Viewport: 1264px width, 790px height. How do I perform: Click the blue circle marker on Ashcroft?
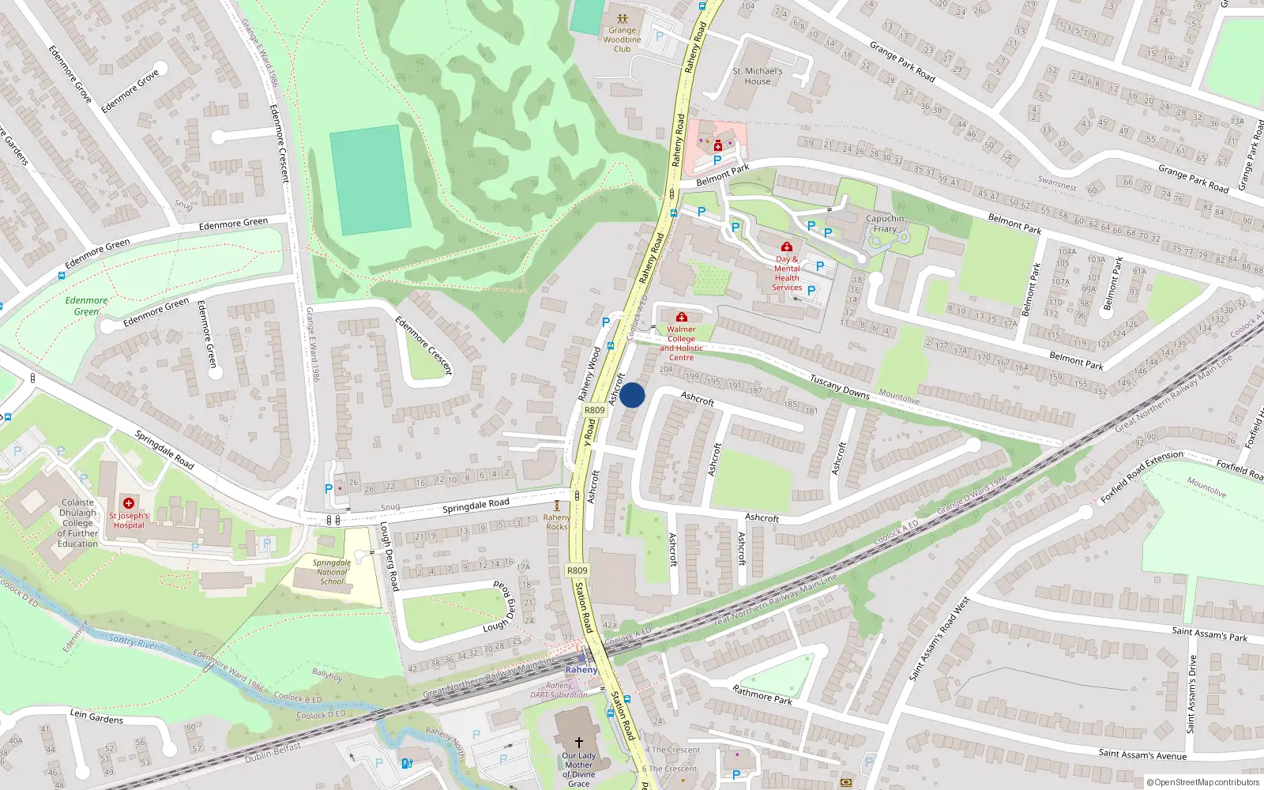pos(632,395)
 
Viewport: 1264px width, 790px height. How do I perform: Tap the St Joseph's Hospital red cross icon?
pos(129,503)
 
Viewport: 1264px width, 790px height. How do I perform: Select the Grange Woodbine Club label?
pos(623,39)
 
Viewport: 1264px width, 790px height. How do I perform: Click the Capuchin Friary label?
pos(885,224)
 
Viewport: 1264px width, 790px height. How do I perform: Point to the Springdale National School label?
pos(332,572)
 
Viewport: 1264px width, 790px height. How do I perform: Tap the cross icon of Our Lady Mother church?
pos(578,743)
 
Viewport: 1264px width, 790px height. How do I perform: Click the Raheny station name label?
pos(581,670)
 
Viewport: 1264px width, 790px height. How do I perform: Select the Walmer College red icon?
pos(682,318)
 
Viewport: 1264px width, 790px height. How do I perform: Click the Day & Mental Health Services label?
pos(787,273)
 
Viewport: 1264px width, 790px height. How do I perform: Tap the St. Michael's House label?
pos(758,76)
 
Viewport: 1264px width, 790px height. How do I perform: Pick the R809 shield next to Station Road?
pos(577,570)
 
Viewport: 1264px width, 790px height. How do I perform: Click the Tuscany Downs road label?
pos(839,387)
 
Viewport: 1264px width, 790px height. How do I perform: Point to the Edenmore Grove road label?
pos(130,91)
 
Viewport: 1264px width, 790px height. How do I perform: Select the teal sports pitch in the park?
pos(370,180)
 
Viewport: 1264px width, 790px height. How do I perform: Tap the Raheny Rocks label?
pos(557,522)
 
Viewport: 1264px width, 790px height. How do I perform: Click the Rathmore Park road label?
pos(762,695)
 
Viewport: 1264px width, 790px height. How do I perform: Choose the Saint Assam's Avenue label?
pos(1142,754)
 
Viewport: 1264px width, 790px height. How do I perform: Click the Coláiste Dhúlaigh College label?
pos(77,523)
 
